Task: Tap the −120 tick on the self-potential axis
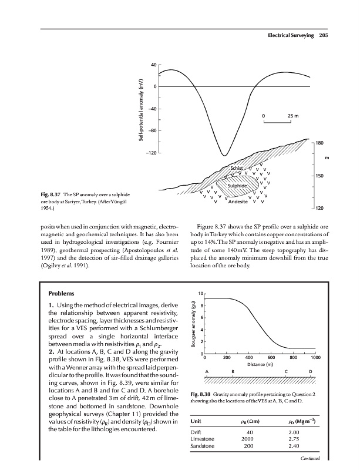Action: [150, 153]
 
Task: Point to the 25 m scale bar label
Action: [293, 115]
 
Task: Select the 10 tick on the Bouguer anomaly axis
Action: [200, 293]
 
